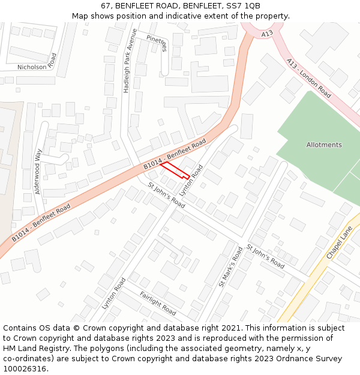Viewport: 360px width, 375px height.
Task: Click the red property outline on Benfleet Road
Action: click(175, 170)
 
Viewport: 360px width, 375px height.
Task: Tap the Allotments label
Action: click(324, 145)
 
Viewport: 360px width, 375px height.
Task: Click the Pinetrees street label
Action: click(156, 43)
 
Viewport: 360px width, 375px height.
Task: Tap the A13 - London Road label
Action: click(308, 78)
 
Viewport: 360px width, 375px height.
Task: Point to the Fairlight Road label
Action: click(158, 303)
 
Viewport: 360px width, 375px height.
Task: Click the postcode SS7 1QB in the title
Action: click(246, 6)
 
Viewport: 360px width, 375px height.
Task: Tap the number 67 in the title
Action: click(106, 6)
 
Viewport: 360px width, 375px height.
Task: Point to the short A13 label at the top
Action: click(267, 34)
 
